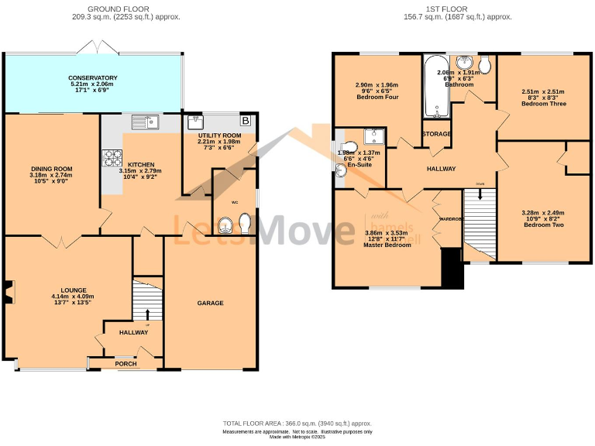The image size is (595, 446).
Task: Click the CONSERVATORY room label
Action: [x=92, y=78]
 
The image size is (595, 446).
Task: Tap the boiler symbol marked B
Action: [x=246, y=121]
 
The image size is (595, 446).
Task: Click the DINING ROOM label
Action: [x=52, y=169]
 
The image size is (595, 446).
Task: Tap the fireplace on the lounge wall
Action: [x=9, y=290]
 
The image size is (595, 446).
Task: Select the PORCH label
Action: [x=126, y=363]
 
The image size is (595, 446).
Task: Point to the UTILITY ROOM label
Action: [x=220, y=135]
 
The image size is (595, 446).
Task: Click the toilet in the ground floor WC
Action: [x=246, y=224]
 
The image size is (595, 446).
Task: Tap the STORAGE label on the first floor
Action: [x=437, y=134]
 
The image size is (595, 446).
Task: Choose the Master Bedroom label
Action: [x=387, y=245]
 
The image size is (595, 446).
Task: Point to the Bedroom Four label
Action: [x=377, y=98]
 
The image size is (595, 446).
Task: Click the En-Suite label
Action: [x=360, y=165]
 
